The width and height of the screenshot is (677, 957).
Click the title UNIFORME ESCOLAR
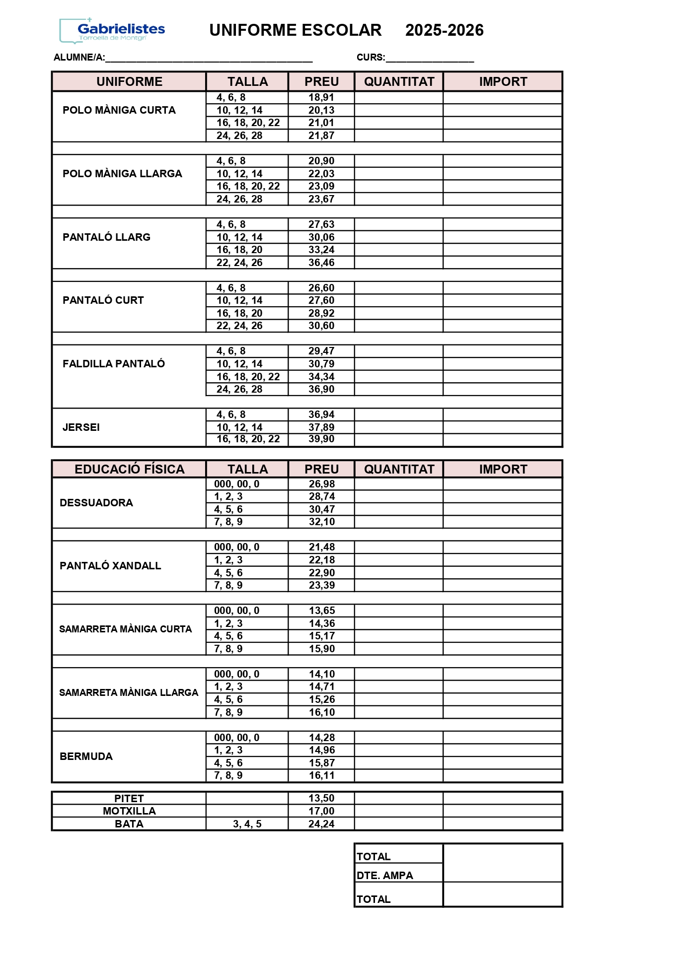tap(296, 30)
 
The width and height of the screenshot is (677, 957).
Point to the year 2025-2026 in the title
tap(444, 30)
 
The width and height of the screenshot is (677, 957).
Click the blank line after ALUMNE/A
tap(209, 59)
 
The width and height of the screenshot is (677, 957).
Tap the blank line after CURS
tap(430, 59)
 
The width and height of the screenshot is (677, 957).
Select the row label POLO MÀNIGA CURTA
tap(119, 110)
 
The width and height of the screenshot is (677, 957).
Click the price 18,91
tap(321, 98)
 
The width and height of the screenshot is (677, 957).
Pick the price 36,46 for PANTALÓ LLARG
tap(321, 263)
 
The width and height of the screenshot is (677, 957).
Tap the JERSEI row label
tap(81, 427)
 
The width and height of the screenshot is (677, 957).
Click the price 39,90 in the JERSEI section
tap(321, 439)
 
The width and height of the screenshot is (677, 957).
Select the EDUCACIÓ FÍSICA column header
tap(129, 469)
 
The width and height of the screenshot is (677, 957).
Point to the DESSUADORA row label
tap(96, 503)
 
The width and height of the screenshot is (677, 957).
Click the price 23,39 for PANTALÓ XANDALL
tap(322, 585)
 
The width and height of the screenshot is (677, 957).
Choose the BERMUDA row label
tap(86, 756)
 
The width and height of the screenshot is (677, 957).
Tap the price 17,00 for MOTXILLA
tap(321, 811)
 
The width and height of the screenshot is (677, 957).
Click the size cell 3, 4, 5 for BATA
tap(247, 824)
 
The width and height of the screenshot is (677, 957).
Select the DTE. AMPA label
tap(385, 876)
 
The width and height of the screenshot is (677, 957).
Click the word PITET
tap(129, 799)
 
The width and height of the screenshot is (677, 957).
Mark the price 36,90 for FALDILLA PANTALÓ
tap(321, 389)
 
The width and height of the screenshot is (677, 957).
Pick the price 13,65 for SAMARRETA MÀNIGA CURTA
tap(322, 611)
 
